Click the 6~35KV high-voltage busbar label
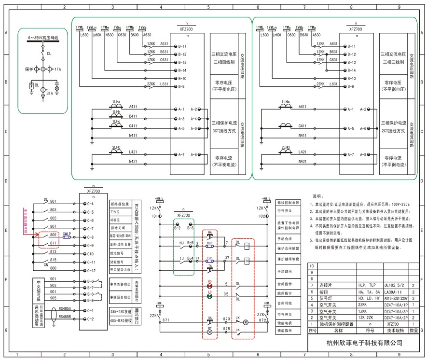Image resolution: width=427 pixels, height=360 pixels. [x=43, y=37]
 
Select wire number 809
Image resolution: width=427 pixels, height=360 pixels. [x=53, y=234]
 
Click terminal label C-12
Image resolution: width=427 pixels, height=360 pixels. [x=90, y=270]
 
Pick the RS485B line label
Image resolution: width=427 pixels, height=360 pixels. [x=65, y=317]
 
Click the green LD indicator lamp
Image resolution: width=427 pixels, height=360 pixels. [x=209, y=296]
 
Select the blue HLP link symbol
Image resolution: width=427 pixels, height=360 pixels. [x=209, y=245]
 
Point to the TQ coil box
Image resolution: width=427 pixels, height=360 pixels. [x=247, y=261]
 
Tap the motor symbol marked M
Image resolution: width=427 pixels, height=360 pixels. [x=245, y=321]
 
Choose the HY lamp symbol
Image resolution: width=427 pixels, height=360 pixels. [x=209, y=332]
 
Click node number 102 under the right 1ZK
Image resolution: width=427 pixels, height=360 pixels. [x=261, y=216]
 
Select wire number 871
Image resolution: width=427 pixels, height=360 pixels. [x=166, y=320]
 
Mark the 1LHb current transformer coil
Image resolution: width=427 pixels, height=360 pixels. [x=116, y=116]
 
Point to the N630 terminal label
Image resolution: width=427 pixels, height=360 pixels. [x=110, y=35]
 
